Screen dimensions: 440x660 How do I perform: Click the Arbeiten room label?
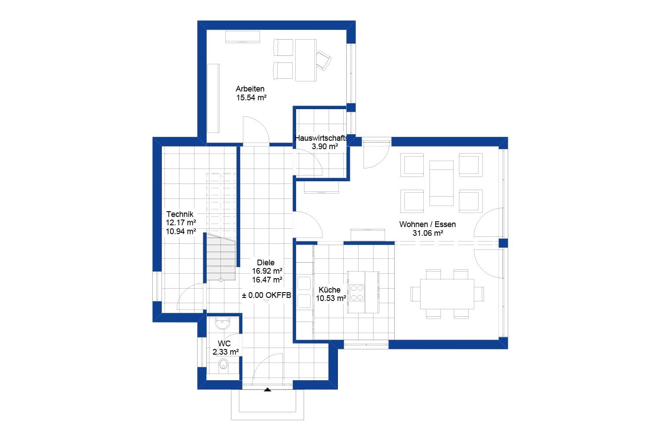(x=250, y=89)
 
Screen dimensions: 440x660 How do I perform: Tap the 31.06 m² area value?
(x=427, y=233)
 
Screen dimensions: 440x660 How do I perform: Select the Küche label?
(x=330, y=290)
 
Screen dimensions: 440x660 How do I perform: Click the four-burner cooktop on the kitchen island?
(x=357, y=293)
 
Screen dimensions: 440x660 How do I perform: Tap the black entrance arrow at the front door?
(x=268, y=389)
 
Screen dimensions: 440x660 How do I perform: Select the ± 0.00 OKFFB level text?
(x=267, y=296)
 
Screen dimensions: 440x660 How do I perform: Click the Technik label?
(x=180, y=214)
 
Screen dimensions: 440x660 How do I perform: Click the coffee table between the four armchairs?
(x=441, y=183)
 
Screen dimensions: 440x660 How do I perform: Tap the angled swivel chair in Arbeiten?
(x=324, y=60)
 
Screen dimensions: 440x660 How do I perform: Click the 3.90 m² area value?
(x=325, y=147)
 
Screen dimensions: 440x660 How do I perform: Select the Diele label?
(x=266, y=263)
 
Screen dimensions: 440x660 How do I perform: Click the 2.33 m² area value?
(x=225, y=352)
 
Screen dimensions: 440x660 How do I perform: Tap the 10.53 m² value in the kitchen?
(x=330, y=298)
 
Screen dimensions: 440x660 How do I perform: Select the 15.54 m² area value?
(x=251, y=98)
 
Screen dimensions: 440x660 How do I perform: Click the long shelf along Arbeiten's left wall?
(x=213, y=98)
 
